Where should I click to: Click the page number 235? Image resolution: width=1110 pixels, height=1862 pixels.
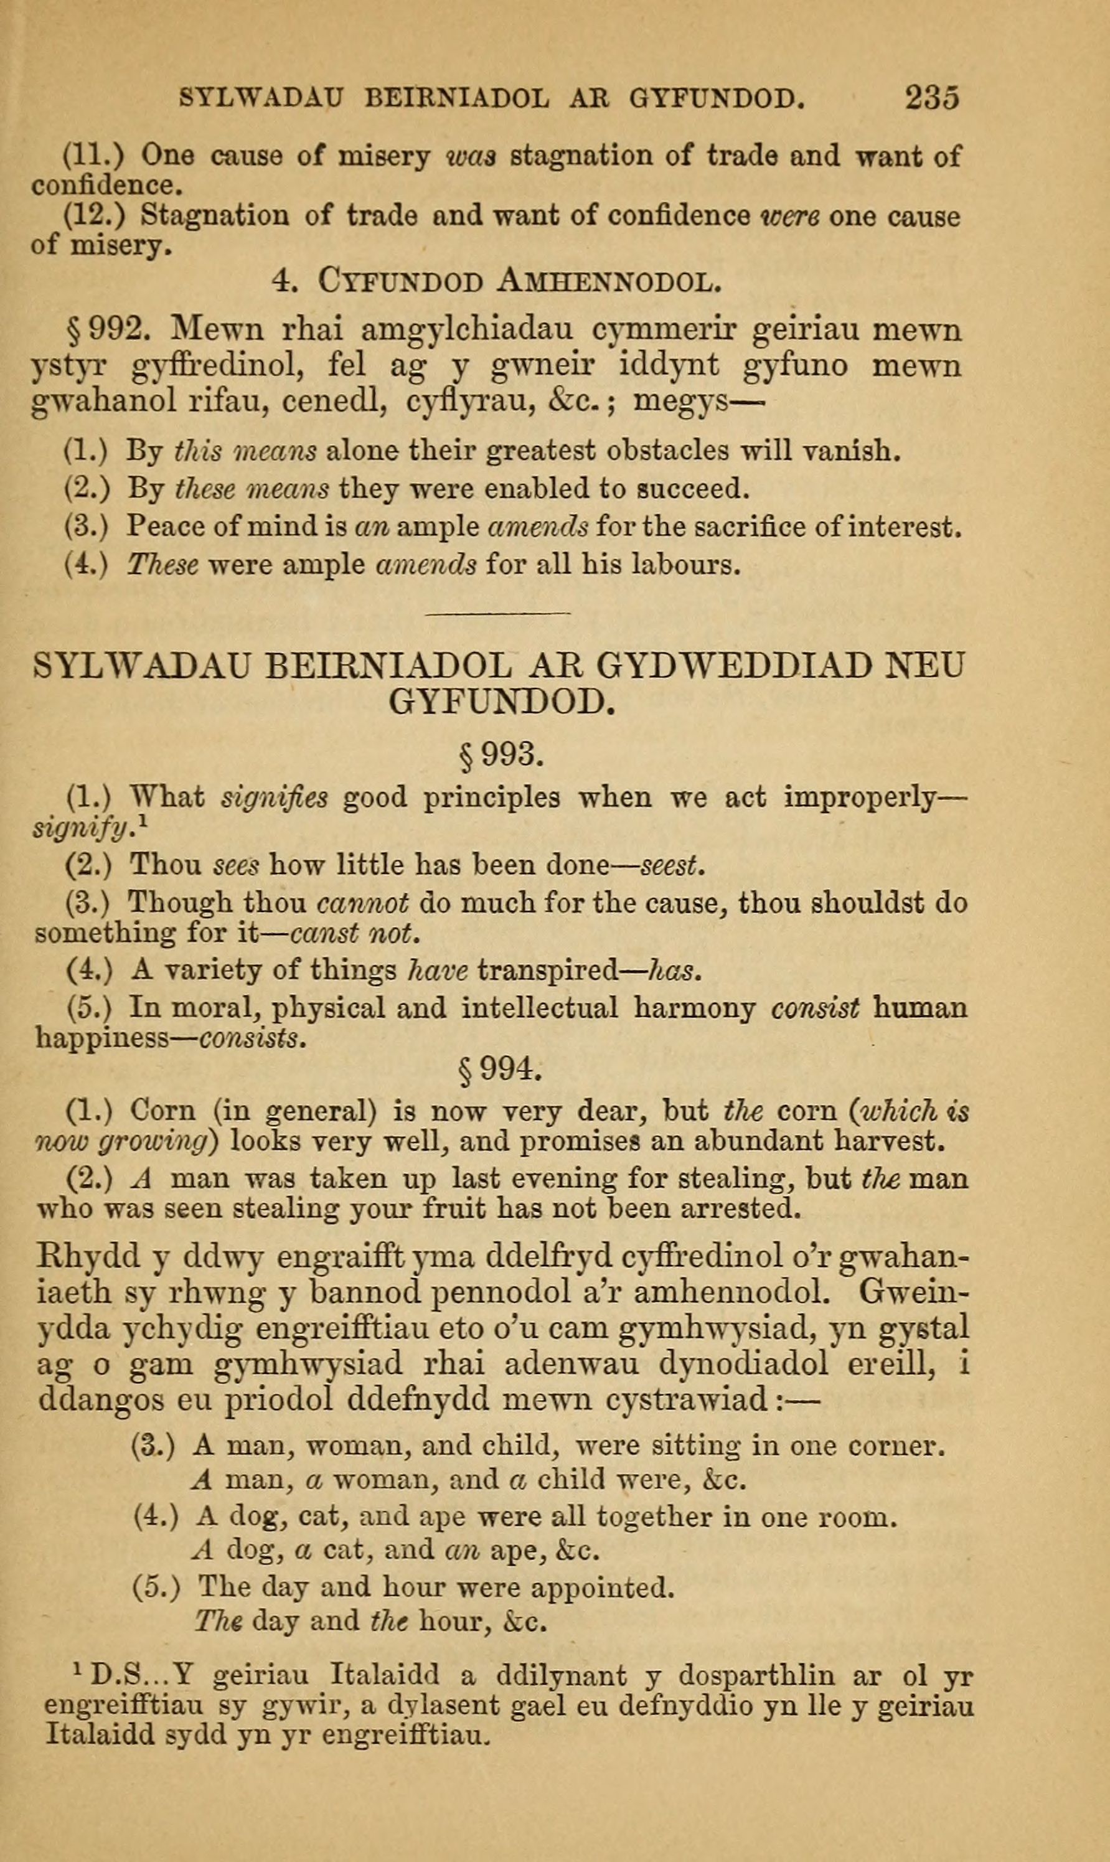pos(931,97)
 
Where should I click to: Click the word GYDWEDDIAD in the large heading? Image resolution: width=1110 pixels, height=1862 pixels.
pos(736,665)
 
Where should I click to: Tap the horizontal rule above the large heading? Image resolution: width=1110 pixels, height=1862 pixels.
pos(497,614)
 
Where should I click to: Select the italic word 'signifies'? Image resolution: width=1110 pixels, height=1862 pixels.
pos(275,798)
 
